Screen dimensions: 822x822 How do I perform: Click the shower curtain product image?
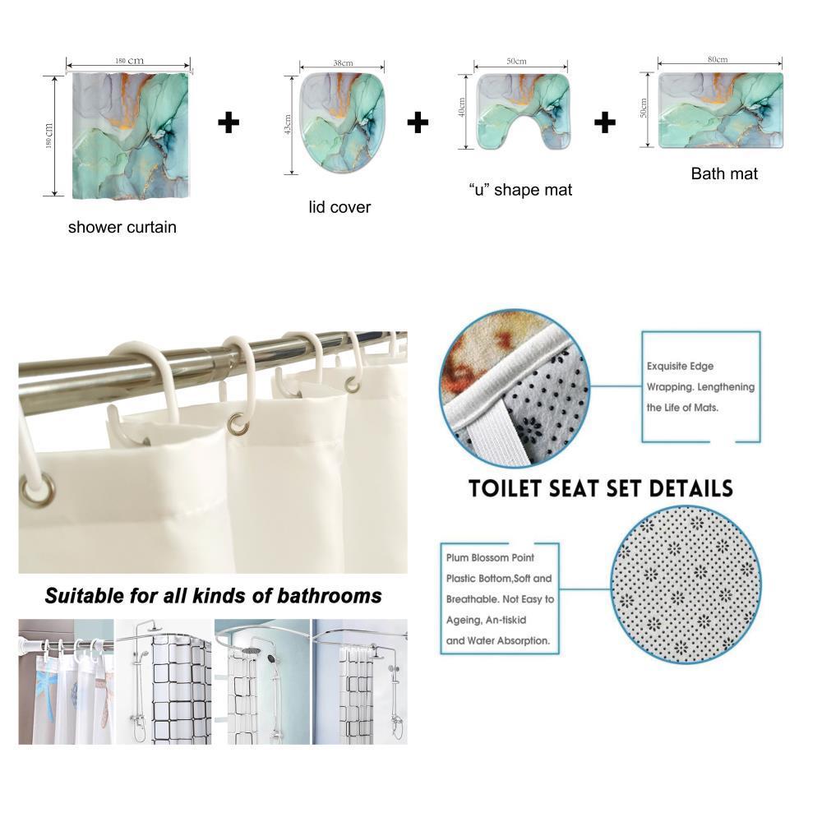[129, 136]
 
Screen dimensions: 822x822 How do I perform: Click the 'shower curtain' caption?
[122, 227]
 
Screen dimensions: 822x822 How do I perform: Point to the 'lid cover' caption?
[339, 207]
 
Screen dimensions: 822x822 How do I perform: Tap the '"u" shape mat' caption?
[520, 190]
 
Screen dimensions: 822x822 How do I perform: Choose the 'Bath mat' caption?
[724, 173]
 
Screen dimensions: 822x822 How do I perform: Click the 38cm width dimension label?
[343, 63]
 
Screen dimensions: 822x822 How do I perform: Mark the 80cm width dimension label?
[717, 59]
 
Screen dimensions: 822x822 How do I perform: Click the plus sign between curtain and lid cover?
[229, 123]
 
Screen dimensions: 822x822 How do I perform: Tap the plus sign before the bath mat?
[605, 123]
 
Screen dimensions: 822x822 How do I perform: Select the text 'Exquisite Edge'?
[680, 366]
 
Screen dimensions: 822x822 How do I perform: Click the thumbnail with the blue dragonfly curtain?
[66, 681]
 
